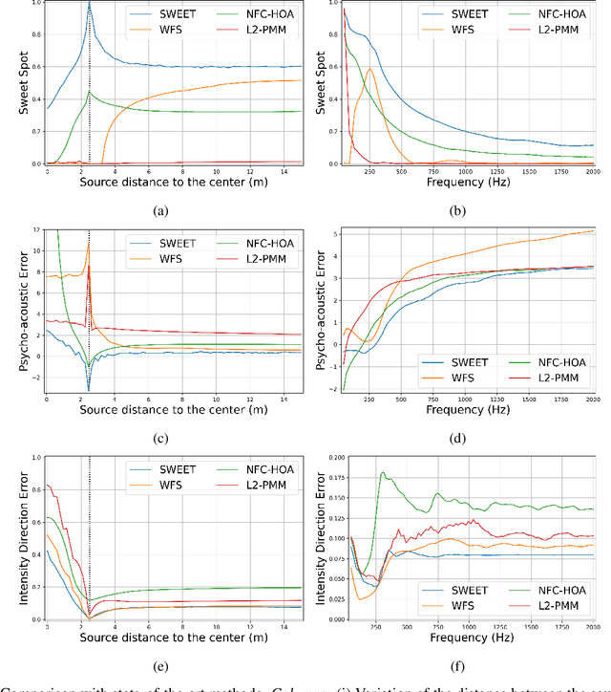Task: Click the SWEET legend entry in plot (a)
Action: pos(170,15)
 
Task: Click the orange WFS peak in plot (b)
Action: pos(369,69)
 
